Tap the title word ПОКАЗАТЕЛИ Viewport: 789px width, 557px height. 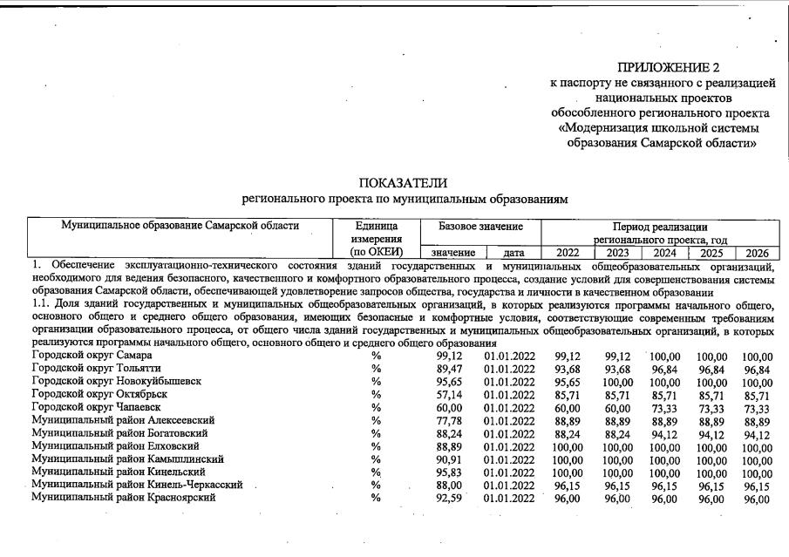coord(403,183)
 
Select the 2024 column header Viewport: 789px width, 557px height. coord(664,253)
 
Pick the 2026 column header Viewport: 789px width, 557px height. coord(757,253)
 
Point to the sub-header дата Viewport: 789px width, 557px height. coord(514,253)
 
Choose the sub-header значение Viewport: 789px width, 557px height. coord(452,253)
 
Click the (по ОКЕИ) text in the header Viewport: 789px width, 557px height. coord(376,253)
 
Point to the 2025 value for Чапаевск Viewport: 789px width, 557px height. coord(711,408)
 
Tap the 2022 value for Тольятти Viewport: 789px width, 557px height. coord(567,370)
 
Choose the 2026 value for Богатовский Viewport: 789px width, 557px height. coord(757,434)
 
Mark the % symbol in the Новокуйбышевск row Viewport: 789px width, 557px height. coord(377,382)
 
